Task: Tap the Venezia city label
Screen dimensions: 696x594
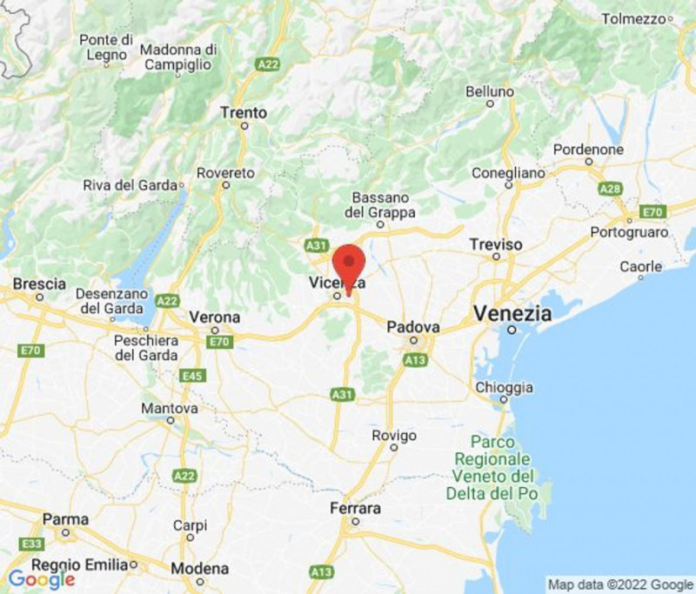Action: [513, 313]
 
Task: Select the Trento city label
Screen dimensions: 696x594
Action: [244, 113]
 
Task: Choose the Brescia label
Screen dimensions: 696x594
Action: [39, 284]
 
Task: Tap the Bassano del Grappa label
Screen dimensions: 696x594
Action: [380, 205]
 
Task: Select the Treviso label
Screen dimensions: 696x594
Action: [496, 244]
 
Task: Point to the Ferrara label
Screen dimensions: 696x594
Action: [355, 508]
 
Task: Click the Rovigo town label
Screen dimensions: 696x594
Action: [394, 435]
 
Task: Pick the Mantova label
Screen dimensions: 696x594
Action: [171, 407]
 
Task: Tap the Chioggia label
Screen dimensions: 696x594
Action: [505, 387]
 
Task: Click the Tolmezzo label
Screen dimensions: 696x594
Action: [632, 18]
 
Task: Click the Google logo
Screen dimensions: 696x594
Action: [41, 578]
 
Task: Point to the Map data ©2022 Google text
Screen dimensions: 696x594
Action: [619, 584]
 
